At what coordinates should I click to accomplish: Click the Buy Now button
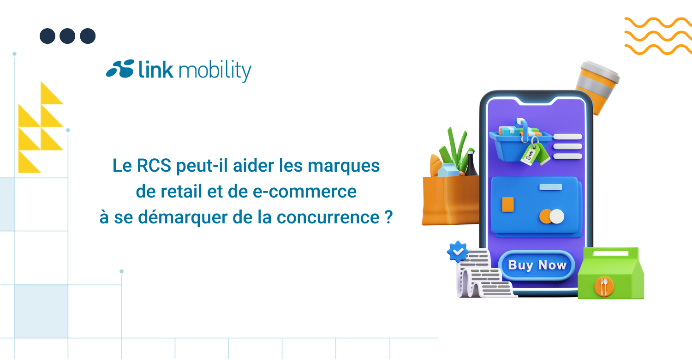[537, 265]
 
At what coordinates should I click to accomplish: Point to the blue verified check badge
[458, 251]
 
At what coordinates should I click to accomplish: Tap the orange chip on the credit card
[508, 204]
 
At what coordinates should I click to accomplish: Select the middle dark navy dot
[67, 36]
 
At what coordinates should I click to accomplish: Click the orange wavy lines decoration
[657, 36]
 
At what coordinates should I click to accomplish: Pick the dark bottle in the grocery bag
[471, 164]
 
